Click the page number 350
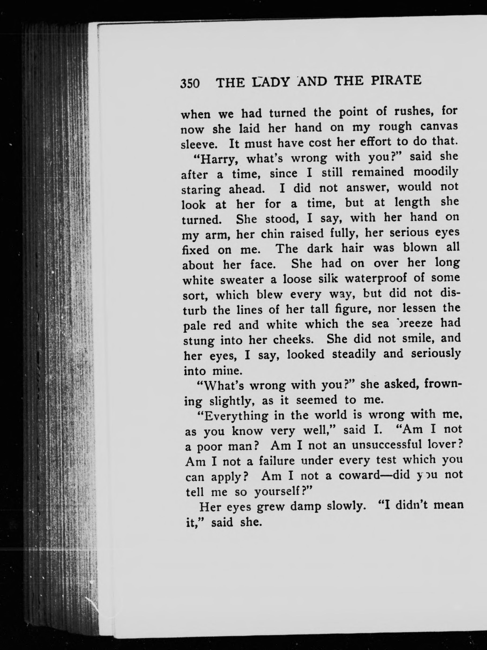click(x=190, y=83)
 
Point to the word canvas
click(x=439, y=126)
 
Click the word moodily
click(x=436, y=172)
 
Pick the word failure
click(x=277, y=461)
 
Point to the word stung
click(x=198, y=341)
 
